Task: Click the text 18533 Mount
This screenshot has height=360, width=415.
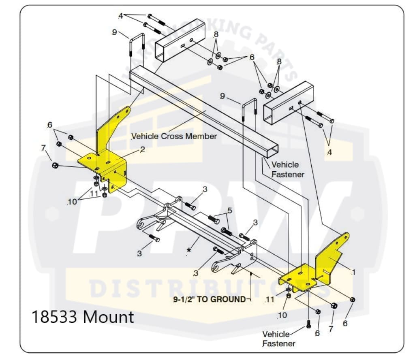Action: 83,317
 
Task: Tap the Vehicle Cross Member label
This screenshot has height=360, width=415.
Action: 174,136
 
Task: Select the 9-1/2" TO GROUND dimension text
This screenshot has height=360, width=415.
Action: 209,299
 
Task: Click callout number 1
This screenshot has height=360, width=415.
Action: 353,272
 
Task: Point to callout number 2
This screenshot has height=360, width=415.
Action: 142,149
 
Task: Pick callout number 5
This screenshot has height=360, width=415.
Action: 229,211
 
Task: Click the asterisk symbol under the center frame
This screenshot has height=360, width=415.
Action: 189,251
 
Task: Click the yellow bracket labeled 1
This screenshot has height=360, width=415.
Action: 320,267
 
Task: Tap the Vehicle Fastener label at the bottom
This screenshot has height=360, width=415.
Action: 278,339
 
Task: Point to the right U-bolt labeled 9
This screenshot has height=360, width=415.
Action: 249,109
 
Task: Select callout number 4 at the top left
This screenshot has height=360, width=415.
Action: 120,16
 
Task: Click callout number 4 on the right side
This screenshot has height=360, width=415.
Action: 329,153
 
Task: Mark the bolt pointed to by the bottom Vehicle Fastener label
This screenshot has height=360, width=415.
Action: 308,324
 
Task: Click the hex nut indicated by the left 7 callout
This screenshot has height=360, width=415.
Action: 56,166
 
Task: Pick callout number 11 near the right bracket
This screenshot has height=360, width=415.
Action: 270,300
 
